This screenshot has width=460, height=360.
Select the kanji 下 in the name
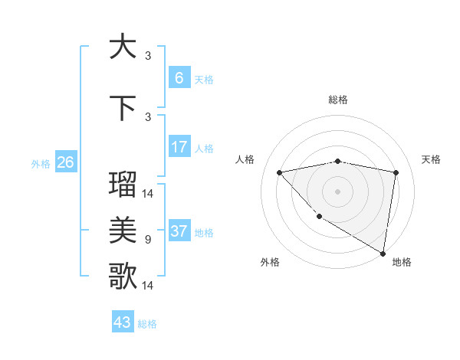pos(123,109)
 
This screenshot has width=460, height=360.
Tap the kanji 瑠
pos(123,184)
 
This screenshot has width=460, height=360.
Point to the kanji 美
pos(123,229)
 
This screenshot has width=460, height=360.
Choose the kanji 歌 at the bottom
pos(123,276)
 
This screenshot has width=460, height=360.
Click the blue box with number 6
pos(179,78)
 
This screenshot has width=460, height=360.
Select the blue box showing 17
pos(179,147)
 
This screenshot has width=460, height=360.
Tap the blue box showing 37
pos(179,231)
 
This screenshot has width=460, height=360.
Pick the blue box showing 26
pos(65,162)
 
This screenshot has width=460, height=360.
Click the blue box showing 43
pos(123,322)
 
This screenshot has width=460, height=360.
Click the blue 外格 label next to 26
pos(41,163)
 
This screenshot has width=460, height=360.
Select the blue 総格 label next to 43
pos(147,324)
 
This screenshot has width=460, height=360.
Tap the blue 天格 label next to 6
pos(204,79)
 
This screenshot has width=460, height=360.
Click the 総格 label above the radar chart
pos(338,100)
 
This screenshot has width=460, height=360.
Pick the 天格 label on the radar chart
pos(431,159)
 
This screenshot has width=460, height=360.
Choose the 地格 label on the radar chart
pos(402,262)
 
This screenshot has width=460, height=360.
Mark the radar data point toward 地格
pos(383,253)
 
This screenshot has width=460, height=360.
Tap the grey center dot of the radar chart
pos(337,191)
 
